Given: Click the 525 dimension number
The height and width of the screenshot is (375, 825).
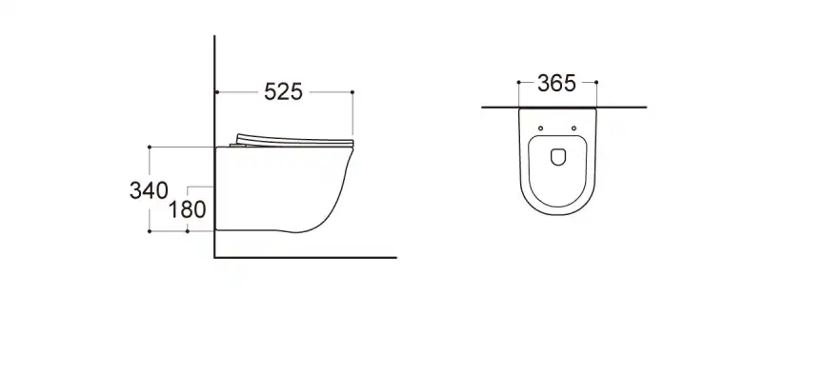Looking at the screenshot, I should pos(283,92).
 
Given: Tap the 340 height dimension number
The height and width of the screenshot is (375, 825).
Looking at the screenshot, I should pos(149,188).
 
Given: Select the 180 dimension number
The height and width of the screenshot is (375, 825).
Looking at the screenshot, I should pos(187,208).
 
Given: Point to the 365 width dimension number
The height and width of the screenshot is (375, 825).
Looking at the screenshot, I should pos(556,84).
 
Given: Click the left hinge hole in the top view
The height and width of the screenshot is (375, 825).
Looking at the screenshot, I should pos(540,128).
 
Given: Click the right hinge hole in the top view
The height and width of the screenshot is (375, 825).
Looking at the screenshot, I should pos(574,128).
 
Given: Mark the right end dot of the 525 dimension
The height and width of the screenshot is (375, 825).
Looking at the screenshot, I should pos(353,92).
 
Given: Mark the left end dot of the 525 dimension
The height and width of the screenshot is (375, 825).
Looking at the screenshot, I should pos(217,92).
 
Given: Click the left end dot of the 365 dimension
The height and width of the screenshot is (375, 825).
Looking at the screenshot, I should pos(517,84).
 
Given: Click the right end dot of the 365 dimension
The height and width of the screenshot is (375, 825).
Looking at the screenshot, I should pos(597,84).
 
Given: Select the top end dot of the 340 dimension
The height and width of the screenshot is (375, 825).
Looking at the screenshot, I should pos(150,147).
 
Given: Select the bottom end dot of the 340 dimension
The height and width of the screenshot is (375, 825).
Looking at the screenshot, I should pos(150,230).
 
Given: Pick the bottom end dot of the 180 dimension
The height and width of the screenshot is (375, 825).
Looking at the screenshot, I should pos(188,230).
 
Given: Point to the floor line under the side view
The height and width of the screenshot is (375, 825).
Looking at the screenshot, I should pos(305,257).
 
